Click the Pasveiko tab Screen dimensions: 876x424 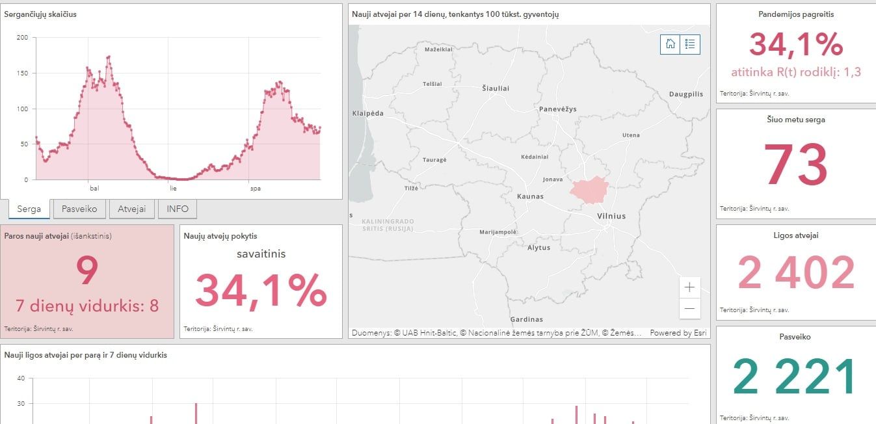click(x=79, y=209)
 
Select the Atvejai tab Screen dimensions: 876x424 click(x=132, y=209)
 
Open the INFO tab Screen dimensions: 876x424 click(x=178, y=209)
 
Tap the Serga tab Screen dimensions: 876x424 click(x=29, y=209)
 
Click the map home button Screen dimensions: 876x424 click(x=670, y=44)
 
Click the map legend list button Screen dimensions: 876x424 click(x=690, y=44)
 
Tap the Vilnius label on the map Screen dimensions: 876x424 click(x=611, y=216)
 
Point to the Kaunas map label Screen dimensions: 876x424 click(x=530, y=196)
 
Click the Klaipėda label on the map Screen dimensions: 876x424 click(x=368, y=113)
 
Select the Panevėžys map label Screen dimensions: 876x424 click(x=558, y=109)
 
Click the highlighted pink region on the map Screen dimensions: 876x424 click(x=589, y=190)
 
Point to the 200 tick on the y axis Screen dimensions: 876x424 click(x=22, y=38)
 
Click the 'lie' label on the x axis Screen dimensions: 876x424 click(x=173, y=189)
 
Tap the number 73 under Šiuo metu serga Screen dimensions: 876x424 click(x=795, y=164)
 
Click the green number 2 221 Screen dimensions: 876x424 click(x=795, y=377)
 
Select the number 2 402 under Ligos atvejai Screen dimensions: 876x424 click(x=796, y=272)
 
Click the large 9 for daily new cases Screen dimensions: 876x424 click(x=86, y=270)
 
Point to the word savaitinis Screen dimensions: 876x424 click(x=261, y=254)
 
